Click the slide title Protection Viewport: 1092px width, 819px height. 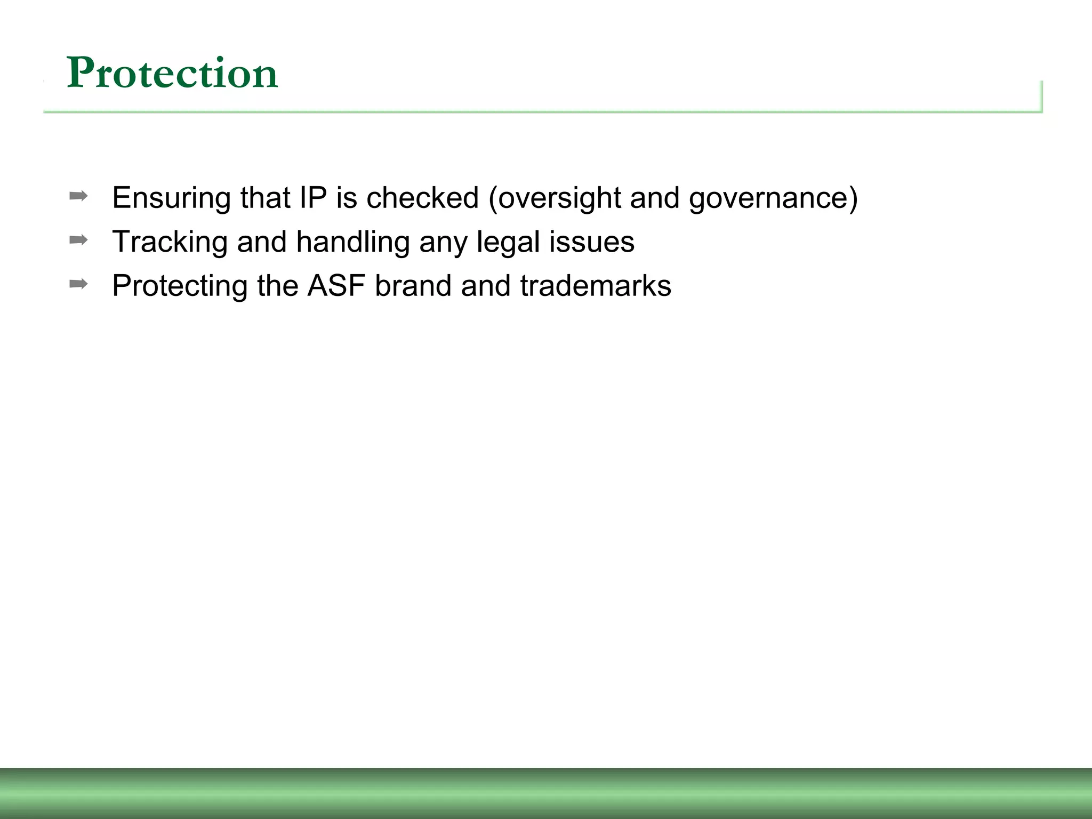(x=172, y=73)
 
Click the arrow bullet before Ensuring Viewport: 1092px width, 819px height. (x=78, y=196)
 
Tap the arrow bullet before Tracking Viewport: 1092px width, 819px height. (x=78, y=240)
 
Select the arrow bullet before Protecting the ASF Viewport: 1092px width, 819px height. (x=78, y=284)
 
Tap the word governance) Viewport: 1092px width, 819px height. (x=773, y=198)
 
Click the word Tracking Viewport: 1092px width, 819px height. (x=170, y=242)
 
